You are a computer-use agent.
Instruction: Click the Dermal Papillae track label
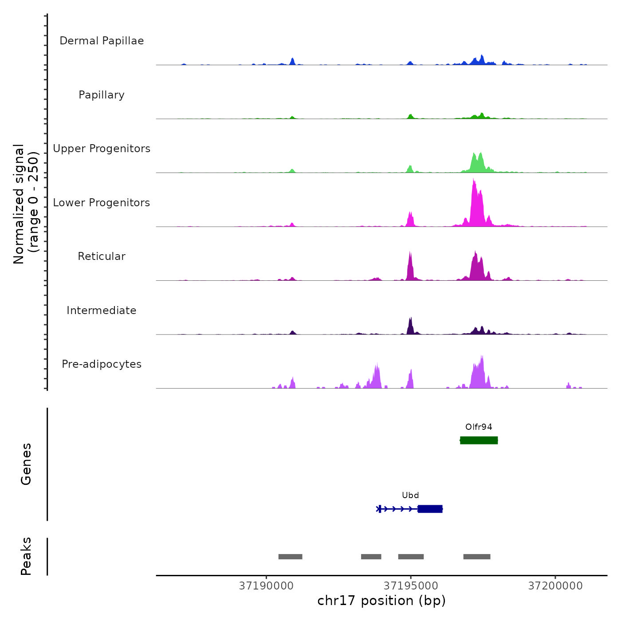pyautogui.click(x=102, y=41)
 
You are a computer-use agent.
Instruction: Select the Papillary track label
pyautogui.click(x=102, y=95)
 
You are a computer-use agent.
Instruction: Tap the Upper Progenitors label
pyautogui.click(x=102, y=149)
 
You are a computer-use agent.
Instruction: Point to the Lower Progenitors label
pyautogui.click(x=102, y=203)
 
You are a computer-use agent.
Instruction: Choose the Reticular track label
pyautogui.click(x=102, y=256)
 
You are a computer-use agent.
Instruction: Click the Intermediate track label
pyautogui.click(x=102, y=310)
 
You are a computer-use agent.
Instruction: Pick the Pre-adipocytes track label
pyautogui.click(x=102, y=364)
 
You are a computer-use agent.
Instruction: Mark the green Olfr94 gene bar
pyautogui.click(x=479, y=440)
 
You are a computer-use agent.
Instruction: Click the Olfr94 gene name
pyautogui.click(x=479, y=427)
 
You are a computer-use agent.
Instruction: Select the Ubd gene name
pyautogui.click(x=410, y=495)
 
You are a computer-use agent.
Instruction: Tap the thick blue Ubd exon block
pyautogui.click(x=430, y=509)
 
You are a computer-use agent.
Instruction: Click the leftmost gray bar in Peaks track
pyautogui.click(x=290, y=557)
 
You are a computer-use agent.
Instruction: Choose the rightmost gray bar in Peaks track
pyautogui.click(x=477, y=557)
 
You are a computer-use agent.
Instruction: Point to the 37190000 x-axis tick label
pyautogui.click(x=266, y=586)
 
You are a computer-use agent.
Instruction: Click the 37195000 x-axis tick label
pyautogui.click(x=411, y=586)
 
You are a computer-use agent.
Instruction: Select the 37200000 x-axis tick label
pyautogui.click(x=555, y=586)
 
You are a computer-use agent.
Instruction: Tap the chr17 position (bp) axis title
pyautogui.click(x=381, y=601)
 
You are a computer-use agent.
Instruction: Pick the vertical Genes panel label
pyautogui.click(x=26, y=464)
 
